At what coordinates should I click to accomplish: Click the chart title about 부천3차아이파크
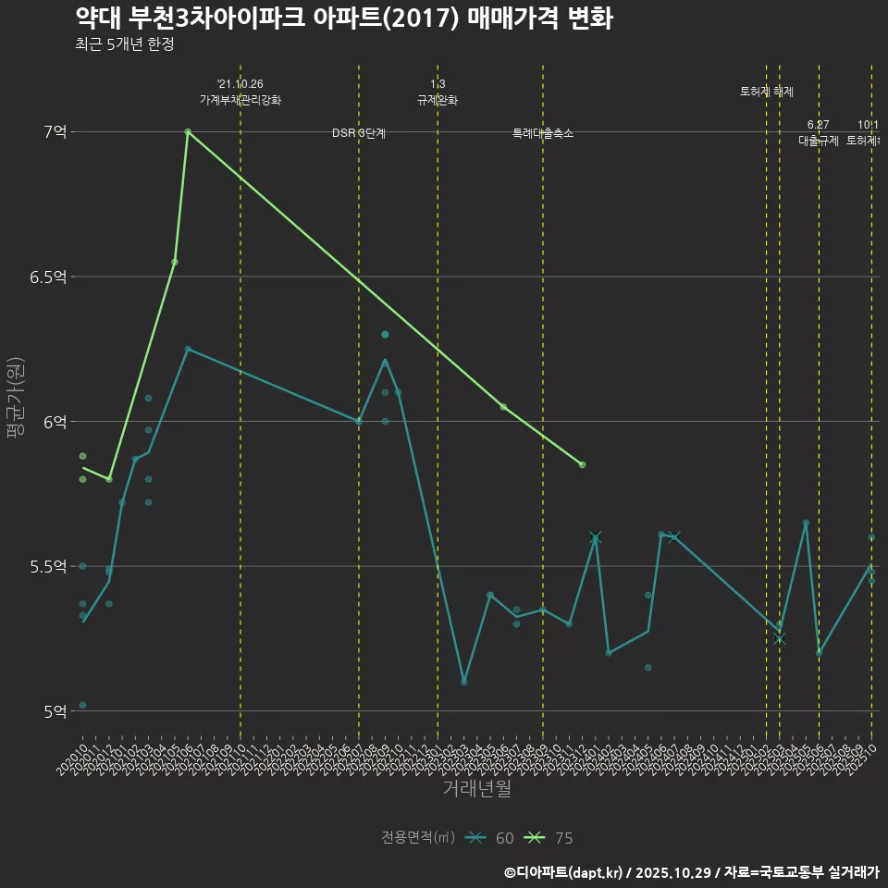click(343, 18)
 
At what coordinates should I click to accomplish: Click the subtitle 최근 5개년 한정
click(124, 44)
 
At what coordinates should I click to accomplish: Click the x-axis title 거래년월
click(476, 789)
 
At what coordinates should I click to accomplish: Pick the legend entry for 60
click(489, 838)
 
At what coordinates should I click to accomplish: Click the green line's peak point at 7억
click(188, 131)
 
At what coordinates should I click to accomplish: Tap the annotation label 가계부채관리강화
click(240, 100)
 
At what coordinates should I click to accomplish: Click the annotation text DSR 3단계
click(359, 134)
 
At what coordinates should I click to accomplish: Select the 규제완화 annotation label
click(438, 100)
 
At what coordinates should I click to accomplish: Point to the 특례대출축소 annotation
click(543, 134)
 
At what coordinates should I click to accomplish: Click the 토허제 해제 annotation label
click(767, 92)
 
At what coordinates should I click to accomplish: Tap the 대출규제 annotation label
click(819, 142)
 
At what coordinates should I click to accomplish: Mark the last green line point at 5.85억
click(582, 464)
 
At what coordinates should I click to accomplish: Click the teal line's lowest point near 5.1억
click(463, 682)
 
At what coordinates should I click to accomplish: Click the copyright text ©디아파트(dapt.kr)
click(565, 872)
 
